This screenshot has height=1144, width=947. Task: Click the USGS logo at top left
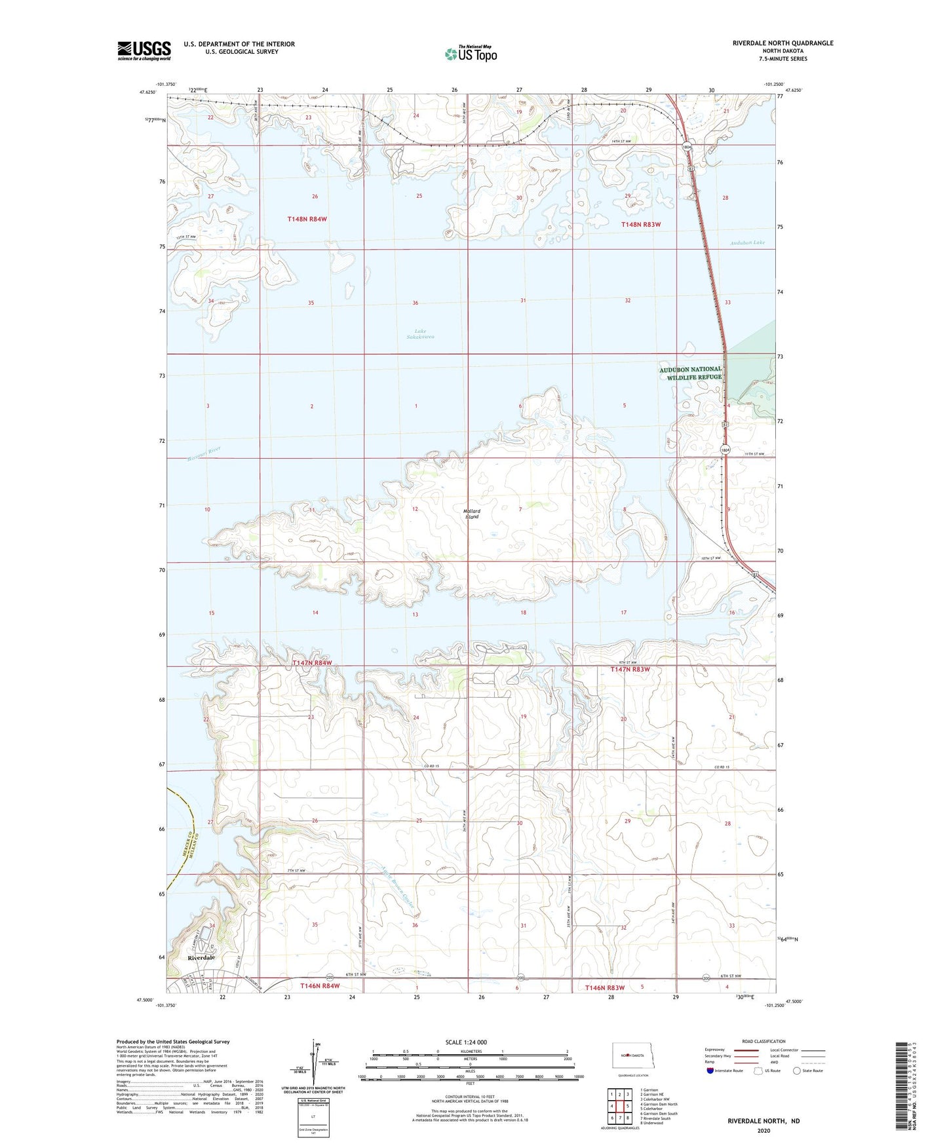pos(144,50)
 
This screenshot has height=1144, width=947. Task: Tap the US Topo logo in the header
pos(471,54)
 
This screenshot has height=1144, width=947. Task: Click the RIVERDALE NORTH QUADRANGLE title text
pos(783,43)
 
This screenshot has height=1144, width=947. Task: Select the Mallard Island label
pos(472,514)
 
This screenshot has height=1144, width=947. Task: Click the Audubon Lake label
pos(747,243)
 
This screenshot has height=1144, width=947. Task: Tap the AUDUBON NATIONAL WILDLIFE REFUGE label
pos(690,373)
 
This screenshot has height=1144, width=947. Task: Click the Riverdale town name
pos(201,957)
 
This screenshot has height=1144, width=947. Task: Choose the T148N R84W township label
pos(307,219)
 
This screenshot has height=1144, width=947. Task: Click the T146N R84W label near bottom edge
pos(320,986)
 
